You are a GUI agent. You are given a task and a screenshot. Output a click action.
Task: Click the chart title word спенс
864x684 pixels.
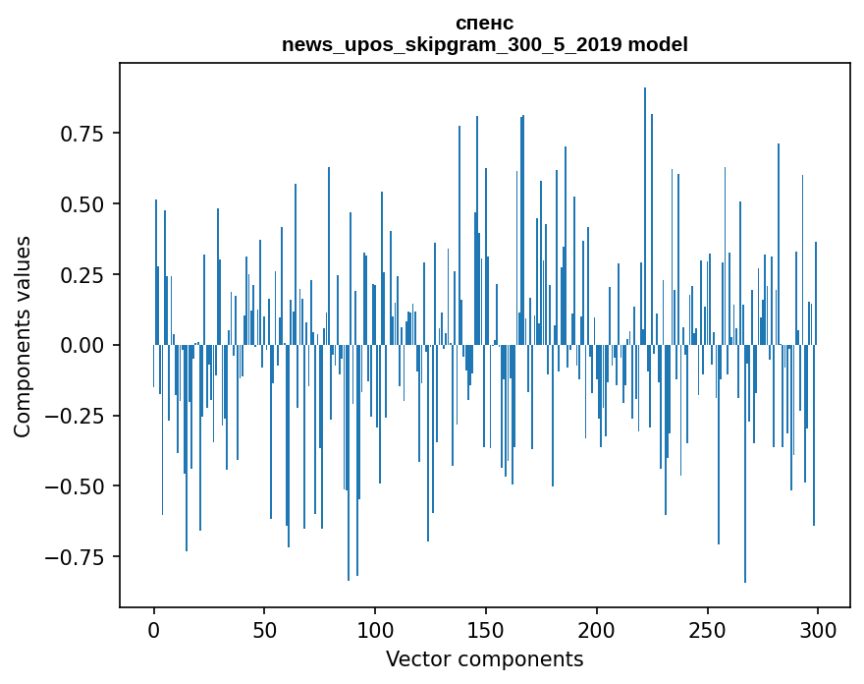coord(484,23)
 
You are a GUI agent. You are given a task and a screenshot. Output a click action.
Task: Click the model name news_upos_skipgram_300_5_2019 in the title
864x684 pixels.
coord(453,44)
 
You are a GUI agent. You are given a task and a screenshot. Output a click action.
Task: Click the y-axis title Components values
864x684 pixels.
coord(23,336)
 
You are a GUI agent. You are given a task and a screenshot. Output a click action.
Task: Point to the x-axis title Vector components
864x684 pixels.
coord(484,659)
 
